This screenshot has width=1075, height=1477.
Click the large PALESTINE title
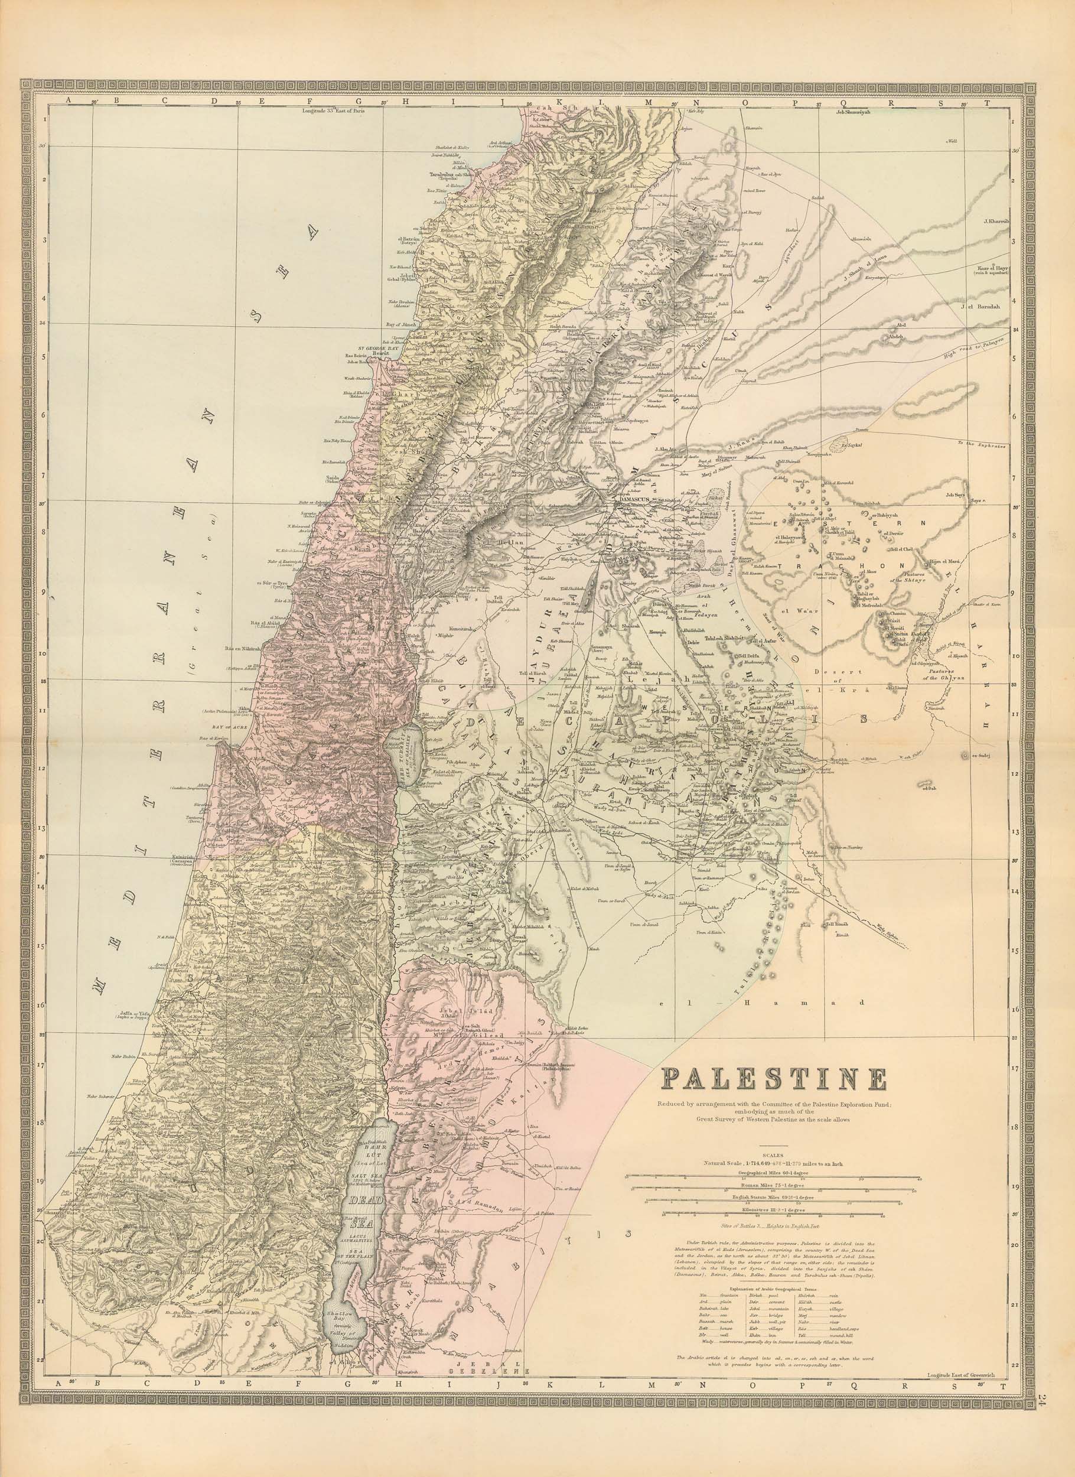coord(774,1081)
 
